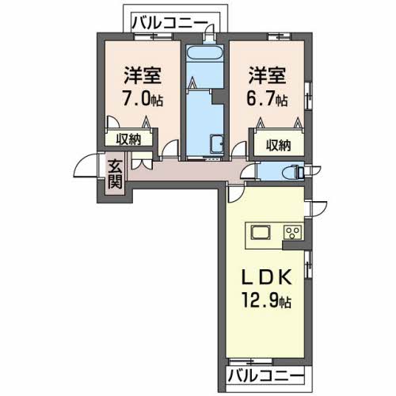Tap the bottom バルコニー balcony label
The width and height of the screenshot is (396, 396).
tap(265, 374)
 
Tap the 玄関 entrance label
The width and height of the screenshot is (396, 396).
tap(116, 174)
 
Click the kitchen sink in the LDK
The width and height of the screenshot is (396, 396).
tap(261, 233)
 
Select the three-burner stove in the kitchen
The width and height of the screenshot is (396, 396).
tap(291, 233)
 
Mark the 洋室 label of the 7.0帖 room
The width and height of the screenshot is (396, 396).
tap(142, 78)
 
